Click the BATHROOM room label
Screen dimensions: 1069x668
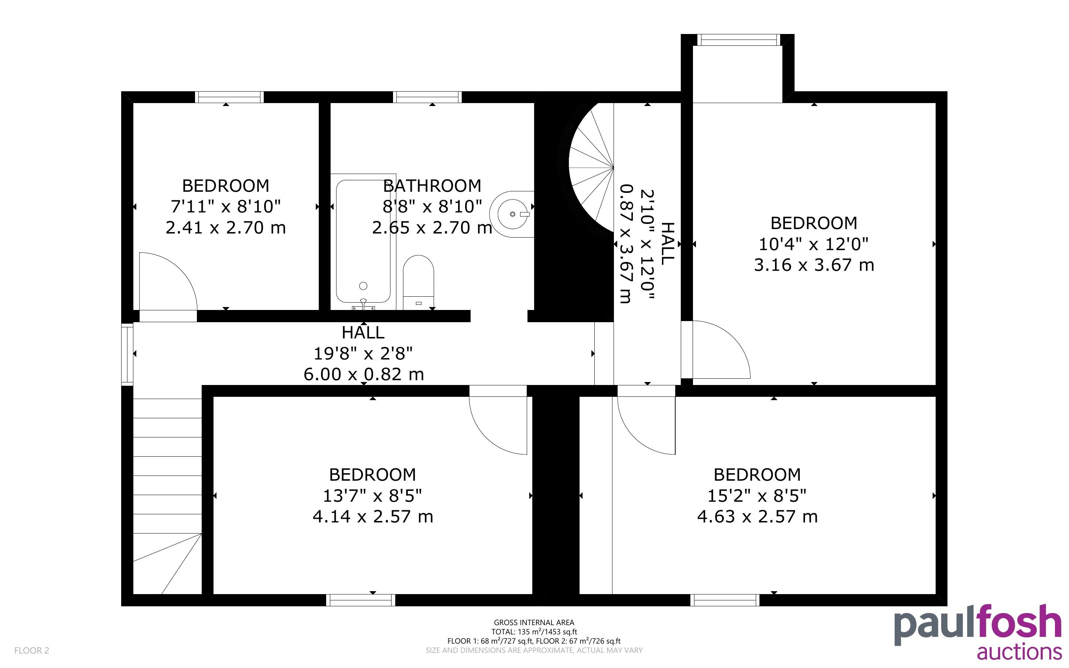432,186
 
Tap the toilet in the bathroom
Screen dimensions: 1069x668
418,282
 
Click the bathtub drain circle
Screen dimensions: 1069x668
363,286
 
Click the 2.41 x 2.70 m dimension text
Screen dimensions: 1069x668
226,228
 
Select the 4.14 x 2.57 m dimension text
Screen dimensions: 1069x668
373,517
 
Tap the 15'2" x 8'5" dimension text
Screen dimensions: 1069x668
757,496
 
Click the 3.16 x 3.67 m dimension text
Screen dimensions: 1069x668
814,265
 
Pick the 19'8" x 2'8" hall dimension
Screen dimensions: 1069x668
363,354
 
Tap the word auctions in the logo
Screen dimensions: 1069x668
1019,652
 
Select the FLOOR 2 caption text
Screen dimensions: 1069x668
32,650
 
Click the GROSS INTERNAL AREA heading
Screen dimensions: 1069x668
534,623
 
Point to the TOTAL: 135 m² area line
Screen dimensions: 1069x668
534,632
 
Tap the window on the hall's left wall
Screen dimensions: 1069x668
127,354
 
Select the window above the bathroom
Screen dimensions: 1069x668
427,97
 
